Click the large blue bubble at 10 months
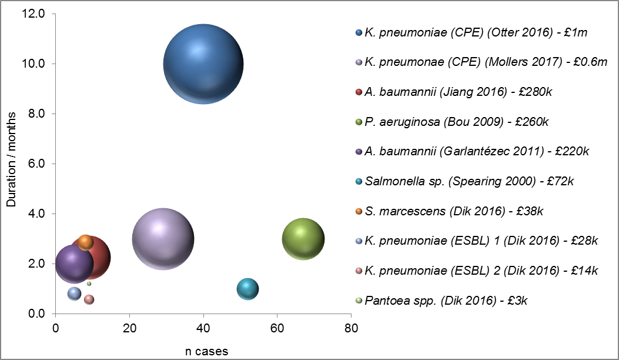click(203, 64)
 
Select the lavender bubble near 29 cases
click(163, 239)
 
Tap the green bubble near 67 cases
click(303, 239)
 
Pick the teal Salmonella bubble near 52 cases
click(248, 289)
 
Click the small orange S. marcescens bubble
click(86, 242)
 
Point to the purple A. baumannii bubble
click(73, 265)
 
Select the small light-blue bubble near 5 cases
click(74, 293)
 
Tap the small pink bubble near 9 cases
click(89, 299)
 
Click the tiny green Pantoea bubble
click(89, 284)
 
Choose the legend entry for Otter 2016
click(476, 32)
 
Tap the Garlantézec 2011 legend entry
click(476, 152)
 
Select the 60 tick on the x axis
click(277, 326)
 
